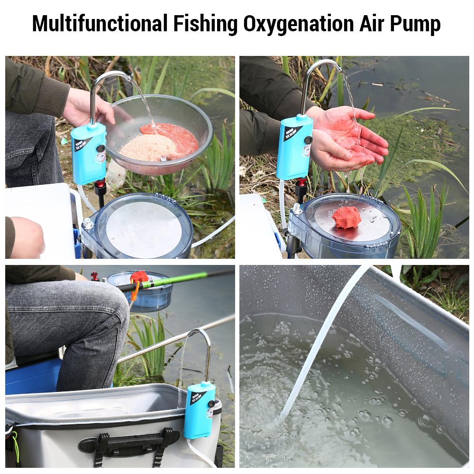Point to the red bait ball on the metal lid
tap(346, 217)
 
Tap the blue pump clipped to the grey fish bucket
tap(200, 410)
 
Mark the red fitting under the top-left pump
tap(100, 185)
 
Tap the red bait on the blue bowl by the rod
tap(139, 277)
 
